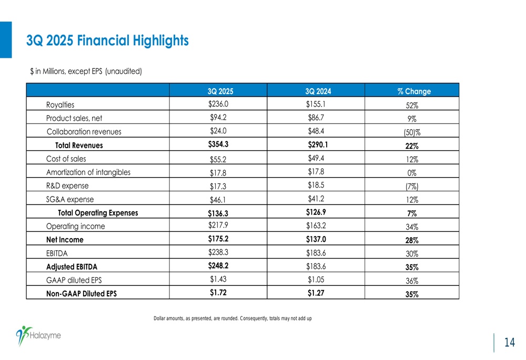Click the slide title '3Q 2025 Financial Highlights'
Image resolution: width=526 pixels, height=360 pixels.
click(107, 40)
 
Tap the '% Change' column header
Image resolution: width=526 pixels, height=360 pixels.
click(414, 91)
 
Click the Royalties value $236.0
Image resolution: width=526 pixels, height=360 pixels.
click(218, 104)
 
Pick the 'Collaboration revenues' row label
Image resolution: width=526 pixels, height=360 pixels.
click(84, 132)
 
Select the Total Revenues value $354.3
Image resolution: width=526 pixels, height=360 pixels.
click(218, 145)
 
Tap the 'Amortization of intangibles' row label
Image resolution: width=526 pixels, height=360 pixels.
click(88, 172)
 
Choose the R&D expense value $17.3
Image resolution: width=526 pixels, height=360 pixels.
click(218, 186)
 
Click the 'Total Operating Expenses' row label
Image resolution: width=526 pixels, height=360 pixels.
click(98, 213)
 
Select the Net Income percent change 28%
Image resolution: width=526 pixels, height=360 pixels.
click(412, 240)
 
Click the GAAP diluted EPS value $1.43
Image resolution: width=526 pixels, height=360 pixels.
click(218, 279)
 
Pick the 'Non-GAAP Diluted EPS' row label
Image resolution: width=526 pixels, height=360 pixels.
click(82, 294)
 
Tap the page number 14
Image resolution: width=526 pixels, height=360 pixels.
click(509, 343)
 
